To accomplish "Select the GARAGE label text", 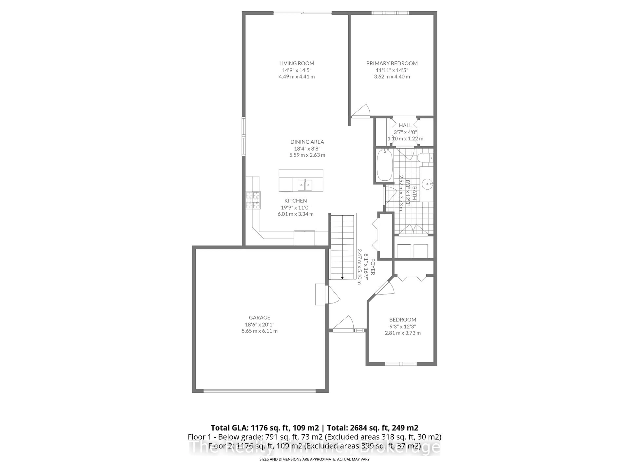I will pyautogui.click(x=259, y=317).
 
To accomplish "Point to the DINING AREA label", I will pyautogui.click(x=307, y=142).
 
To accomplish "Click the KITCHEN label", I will pyautogui.click(x=295, y=201).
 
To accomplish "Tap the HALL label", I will pyautogui.click(x=405, y=125).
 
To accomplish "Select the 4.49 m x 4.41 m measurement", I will pyautogui.click(x=297, y=77).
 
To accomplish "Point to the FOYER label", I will pyautogui.click(x=372, y=267).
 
